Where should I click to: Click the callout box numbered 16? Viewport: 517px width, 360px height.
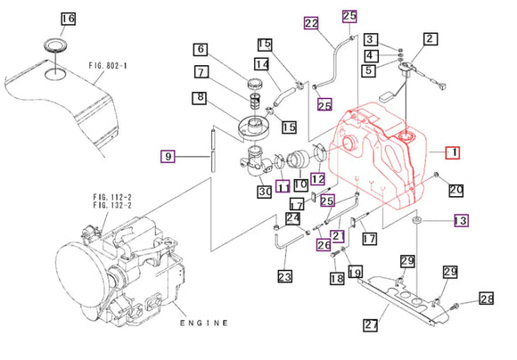pos(68,19)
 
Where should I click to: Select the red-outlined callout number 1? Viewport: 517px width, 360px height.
pos(453,153)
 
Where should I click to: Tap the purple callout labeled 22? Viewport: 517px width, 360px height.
pos(310,23)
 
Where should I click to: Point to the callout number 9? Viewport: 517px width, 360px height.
pos(168,157)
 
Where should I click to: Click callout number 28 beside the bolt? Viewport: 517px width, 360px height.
pos(486,299)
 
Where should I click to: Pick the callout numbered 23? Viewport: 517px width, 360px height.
pos(284,277)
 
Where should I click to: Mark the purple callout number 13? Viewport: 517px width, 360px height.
pos(461,220)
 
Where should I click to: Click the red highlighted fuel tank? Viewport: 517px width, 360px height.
pos(379,160)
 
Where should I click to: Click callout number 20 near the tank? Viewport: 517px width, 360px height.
pos(455,189)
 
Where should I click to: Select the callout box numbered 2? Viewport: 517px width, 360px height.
pos(430,39)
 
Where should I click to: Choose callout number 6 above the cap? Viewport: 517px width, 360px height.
pos(201,50)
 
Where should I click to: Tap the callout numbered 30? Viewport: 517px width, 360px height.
pos(265,191)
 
